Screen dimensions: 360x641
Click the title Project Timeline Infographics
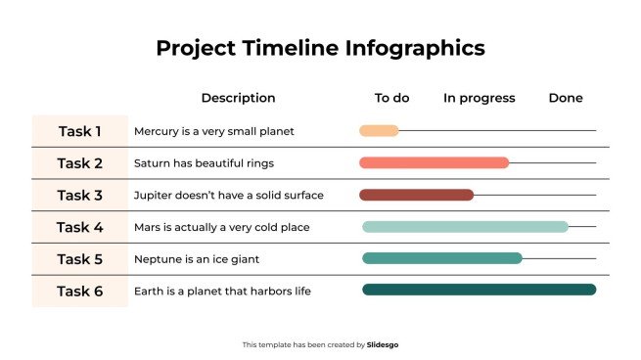pos(320,48)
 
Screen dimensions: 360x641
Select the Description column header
pos(238,98)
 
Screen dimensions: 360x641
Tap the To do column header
pos(391,98)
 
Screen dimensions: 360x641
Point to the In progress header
pos(479,98)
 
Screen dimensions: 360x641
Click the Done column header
pos(565,98)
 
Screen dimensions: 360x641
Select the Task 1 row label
pos(79,131)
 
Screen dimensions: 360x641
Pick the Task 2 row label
pos(79,163)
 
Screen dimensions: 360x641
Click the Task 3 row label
pos(79,196)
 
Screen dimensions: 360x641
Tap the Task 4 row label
pos(79,227)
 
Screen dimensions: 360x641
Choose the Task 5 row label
pos(79,259)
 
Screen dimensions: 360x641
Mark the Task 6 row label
pos(79,292)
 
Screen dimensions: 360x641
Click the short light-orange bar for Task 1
pos(379,130)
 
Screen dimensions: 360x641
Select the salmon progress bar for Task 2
pos(434,162)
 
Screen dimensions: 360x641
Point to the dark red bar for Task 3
pos(416,195)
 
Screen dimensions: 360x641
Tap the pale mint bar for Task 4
pos(465,227)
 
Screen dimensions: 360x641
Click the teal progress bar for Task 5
pos(442,258)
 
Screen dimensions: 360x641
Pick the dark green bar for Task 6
pos(479,290)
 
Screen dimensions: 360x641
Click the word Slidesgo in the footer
pos(382,344)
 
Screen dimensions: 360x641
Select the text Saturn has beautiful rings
pos(203,163)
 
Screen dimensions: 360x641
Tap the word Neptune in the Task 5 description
pos(157,259)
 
